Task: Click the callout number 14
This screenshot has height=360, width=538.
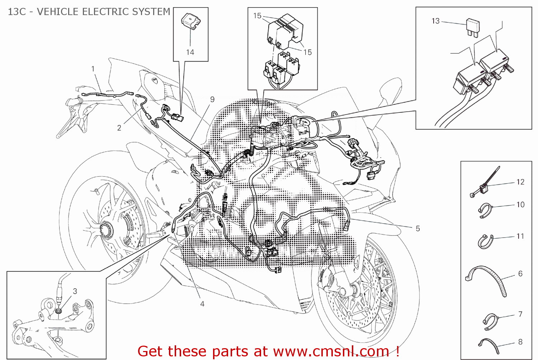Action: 190,52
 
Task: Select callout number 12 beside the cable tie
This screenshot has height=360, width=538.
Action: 520,182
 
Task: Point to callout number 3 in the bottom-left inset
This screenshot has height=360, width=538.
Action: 75,291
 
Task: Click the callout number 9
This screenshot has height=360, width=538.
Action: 212,99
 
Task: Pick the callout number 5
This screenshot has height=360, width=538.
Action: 417,229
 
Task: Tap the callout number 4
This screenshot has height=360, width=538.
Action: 202,304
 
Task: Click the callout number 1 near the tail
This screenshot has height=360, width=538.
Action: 93,69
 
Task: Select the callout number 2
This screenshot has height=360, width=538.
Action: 119,128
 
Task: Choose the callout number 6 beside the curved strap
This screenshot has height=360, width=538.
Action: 520,273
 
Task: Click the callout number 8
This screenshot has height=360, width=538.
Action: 520,342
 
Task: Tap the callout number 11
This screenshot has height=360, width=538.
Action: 520,236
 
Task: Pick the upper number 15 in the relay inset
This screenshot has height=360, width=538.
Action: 257,16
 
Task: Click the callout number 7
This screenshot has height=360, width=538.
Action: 520,314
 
